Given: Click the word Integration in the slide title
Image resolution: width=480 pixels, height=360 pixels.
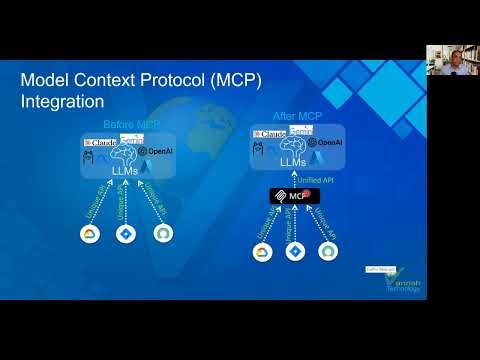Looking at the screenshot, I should click(63, 102).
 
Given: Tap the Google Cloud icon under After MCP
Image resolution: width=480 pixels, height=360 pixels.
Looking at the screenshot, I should click(262, 251).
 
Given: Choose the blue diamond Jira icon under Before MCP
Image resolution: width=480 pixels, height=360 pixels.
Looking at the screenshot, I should click(125, 234).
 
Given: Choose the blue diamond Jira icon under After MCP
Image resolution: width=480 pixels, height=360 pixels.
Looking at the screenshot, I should click(294, 251).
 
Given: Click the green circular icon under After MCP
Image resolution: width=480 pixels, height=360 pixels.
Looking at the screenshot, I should click(327, 251).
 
